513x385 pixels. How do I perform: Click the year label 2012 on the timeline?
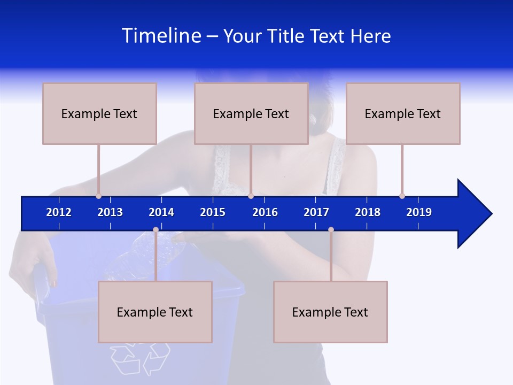click(x=59, y=212)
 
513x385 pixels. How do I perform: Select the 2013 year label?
click(x=110, y=212)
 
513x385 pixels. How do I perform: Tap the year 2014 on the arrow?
click(x=161, y=212)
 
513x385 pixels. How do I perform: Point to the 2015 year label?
click(x=213, y=212)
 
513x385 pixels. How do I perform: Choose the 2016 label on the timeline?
click(x=265, y=212)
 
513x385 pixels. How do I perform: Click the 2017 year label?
click(x=316, y=212)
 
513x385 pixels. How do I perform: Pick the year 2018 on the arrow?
click(x=368, y=212)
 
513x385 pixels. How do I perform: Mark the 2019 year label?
click(x=419, y=212)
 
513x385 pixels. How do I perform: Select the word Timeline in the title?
click(x=161, y=36)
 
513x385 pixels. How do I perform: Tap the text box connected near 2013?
click(x=99, y=113)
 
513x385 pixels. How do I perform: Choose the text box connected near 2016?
click(x=251, y=113)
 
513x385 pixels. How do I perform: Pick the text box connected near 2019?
click(x=403, y=113)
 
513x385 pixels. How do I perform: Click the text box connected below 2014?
click(x=155, y=312)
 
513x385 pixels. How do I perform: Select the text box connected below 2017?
click(x=330, y=312)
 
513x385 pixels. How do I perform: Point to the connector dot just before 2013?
click(x=98, y=196)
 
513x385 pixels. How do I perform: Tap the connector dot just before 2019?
click(x=402, y=196)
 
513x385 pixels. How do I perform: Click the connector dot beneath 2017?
click(x=331, y=229)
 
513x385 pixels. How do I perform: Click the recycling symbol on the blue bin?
click(x=140, y=357)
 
